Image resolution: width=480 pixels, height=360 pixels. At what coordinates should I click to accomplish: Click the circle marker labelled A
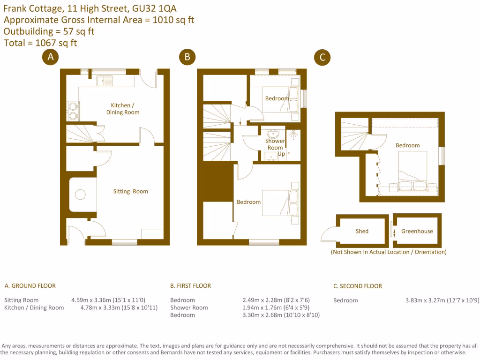(50, 57)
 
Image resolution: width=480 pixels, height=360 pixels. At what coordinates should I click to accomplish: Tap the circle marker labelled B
(187, 57)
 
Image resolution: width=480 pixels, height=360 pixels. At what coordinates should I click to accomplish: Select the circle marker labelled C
(322, 57)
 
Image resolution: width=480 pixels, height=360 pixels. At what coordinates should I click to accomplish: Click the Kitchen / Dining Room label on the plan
(125, 109)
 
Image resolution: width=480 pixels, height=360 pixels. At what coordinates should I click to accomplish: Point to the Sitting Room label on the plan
(130, 191)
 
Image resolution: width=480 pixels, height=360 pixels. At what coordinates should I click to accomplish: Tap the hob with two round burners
(73, 112)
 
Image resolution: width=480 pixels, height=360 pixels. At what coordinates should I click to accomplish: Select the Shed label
(362, 231)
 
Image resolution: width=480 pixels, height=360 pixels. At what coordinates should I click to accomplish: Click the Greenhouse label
(417, 231)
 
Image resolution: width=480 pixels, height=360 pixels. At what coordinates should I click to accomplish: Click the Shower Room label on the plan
(275, 144)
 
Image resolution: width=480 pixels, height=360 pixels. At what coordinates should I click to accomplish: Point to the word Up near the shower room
(281, 154)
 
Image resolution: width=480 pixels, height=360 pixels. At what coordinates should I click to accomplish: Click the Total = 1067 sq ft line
(40, 43)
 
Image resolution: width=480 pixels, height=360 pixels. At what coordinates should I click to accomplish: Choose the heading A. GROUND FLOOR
(30, 285)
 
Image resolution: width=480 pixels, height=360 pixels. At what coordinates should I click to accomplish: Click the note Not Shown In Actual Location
(389, 252)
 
